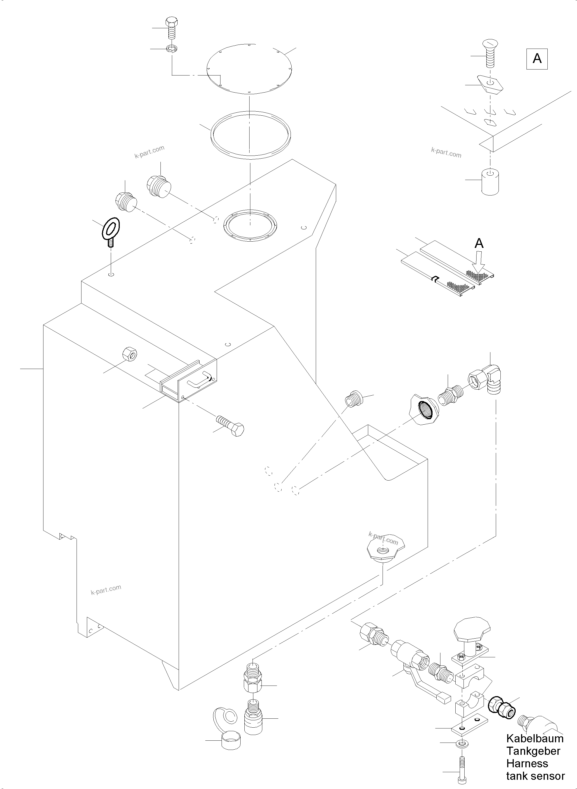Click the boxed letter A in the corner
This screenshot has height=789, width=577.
click(x=537, y=59)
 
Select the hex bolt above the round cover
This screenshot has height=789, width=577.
click(x=172, y=28)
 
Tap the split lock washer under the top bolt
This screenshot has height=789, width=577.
click(x=171, y=49)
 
